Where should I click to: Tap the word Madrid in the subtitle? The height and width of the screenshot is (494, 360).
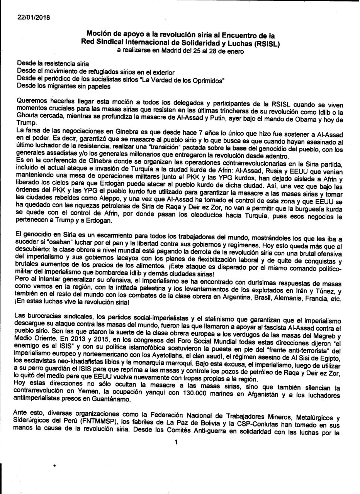tap(187, 51)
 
